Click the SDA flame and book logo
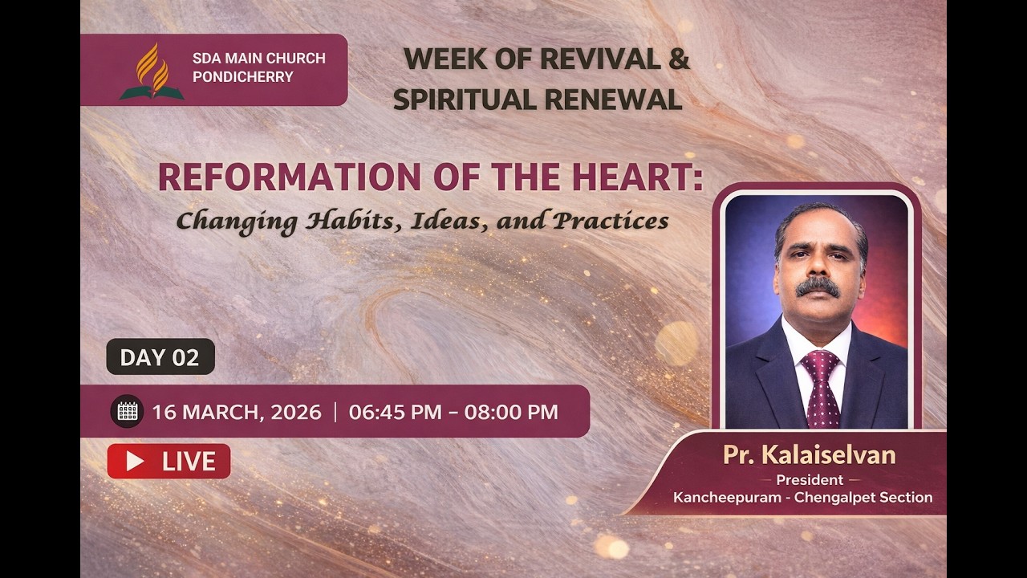(x=152, y=71)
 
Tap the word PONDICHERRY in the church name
(x=242, y=78)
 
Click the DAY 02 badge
(x=160, y=357)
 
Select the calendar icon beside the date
(x=127, y=412)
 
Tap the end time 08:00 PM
(x=511, y=413)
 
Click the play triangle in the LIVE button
(x=135, y=462)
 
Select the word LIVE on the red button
(x=189, y=462)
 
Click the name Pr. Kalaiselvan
(x=809, y=455)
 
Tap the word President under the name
(x=809, y=480)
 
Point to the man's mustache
(x=818, y=287)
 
